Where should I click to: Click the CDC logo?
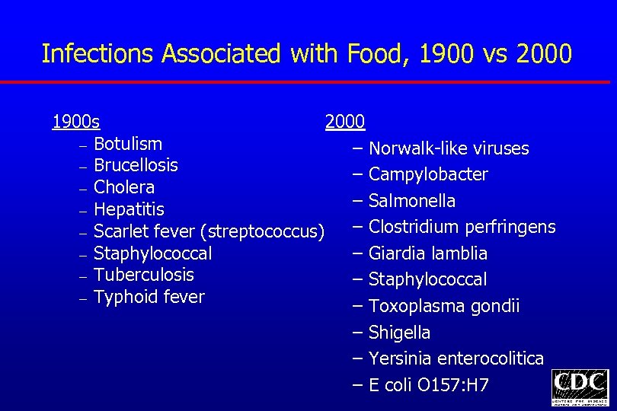click(x=580, y=387)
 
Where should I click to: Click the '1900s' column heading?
click(x=75, y=122)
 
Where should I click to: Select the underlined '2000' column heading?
click(x=345, y=122)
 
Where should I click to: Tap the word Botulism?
click(x=128, y=144)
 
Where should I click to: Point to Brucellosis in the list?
click(x=136, y=165)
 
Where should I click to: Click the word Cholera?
click(x=124, y=187)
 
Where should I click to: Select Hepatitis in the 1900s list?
click(x=129, y=209)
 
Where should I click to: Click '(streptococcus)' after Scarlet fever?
click(x=266, y=231)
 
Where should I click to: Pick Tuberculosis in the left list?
click(x=144, y=275)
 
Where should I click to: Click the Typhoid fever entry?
click(x=149, y=297)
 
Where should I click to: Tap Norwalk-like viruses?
click(x=448, y=148)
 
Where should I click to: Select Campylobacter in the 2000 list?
click(x=428, y=174)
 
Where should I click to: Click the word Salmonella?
click(x=412, y=201)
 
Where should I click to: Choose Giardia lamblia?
click(x=427, y=253)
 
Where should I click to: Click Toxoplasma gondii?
click(x=444, y=306)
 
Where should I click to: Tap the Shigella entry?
click(x=399, y=333)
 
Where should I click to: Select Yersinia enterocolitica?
click(x=456, y=358)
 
